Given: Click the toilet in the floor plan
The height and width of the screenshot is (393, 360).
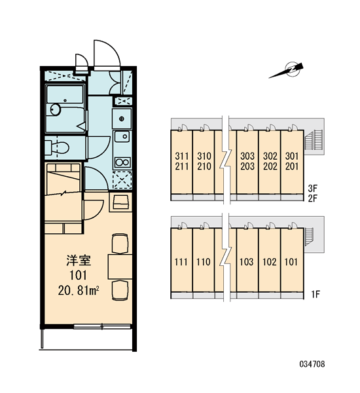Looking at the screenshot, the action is pos(58,148).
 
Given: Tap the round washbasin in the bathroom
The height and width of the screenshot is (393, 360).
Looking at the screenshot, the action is pos(56,110).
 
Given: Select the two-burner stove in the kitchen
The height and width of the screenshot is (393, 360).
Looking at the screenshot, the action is pos(122,162).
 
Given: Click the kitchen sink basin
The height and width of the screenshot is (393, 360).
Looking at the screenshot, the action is pos(122,137).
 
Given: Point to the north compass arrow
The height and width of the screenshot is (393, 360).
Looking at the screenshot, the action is pos(286,71).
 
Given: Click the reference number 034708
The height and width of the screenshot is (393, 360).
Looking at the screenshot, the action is pos(312,364).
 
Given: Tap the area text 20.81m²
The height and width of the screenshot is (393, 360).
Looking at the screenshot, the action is pos(79,290).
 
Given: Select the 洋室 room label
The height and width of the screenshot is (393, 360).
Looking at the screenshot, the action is pos(79,261).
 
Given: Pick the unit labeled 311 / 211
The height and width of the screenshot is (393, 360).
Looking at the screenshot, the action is pos(181,162).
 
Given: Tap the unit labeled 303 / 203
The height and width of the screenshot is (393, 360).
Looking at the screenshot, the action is pos(247,162).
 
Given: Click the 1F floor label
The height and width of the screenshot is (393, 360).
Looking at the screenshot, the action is pos(316,294).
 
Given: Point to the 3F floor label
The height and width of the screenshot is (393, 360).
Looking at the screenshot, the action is pos(313,188).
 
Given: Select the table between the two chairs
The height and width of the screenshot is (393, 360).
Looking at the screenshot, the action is pos(120,267).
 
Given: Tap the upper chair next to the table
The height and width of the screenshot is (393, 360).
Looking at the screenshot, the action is pos(120,244).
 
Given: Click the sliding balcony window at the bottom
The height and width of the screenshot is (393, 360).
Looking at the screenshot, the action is pos(102,326).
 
